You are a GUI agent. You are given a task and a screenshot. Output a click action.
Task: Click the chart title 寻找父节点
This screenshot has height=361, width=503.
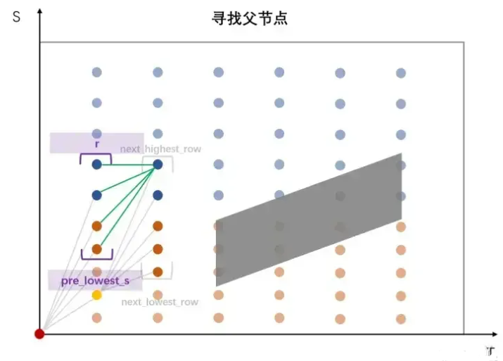point(250,19)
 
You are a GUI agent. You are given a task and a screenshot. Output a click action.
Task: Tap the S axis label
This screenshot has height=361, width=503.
point(15,15)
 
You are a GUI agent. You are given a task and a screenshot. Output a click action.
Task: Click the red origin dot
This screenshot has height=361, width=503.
point(40,334)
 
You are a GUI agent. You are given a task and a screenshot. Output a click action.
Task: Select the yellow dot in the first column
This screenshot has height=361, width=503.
point(97,295)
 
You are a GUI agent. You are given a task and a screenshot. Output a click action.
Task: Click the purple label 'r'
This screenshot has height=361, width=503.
point(96,144)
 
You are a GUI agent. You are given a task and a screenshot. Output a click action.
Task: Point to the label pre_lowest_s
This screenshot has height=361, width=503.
point(95,281)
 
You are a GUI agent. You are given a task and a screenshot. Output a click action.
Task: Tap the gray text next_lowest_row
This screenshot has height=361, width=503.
point(160,302)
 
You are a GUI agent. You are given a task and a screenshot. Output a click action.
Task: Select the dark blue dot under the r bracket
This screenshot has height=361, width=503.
point(97,164)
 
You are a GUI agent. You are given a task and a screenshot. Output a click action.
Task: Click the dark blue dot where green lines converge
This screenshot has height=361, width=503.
point(158,164)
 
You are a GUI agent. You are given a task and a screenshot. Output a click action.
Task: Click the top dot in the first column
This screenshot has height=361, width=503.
point(97,72)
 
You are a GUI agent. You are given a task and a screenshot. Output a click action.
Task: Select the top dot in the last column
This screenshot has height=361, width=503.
point(401,72)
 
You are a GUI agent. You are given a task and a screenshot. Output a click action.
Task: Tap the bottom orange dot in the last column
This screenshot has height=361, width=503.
point(401,317)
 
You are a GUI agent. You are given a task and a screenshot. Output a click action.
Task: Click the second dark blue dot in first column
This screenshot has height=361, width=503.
point(97,195)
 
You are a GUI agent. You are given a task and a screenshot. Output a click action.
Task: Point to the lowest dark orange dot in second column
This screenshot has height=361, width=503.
point(158,272)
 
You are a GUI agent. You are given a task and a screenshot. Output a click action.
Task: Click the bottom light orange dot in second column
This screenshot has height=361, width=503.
point(158,317)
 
